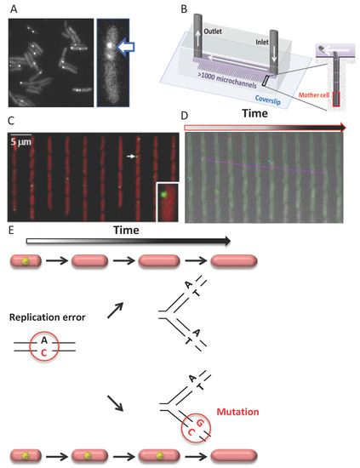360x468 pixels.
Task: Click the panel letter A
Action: tap(11, 7)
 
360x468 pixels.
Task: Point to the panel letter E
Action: tap(10, 229)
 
